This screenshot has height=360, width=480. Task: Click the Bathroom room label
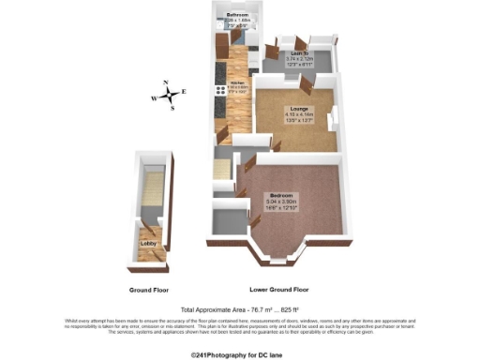click(x=236, y=16)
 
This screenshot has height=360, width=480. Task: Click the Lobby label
click(x=148, y=243)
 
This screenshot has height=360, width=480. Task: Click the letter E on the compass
click(x=184, y=92)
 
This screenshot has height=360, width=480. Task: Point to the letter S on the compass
click(x=172, y=108)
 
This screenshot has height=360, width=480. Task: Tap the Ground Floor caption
click(x=147, y=291)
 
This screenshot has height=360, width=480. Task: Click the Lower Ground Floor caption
click(x=281, y=291)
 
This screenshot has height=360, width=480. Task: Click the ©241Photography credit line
click(x=240, y=352)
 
